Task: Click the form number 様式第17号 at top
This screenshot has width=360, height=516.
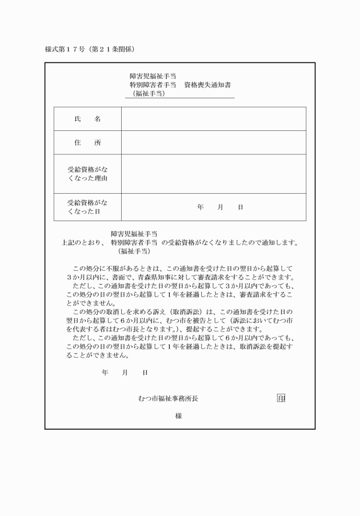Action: [65, 49]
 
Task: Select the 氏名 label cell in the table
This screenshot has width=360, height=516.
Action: [87, 119]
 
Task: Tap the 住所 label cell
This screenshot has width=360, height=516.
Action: [87, 143]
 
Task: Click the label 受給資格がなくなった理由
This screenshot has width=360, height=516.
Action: [87, 174]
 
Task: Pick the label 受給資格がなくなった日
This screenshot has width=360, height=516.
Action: [87, 207]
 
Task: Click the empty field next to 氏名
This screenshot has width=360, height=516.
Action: [213, 119]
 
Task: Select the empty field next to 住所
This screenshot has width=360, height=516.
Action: [213, 143]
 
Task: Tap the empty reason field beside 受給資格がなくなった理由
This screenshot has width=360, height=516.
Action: [213, 174]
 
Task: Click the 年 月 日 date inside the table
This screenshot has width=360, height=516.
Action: [220, 207]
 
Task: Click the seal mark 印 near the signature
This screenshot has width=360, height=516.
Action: [281, 398]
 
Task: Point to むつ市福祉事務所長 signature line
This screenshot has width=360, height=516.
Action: [169, 398]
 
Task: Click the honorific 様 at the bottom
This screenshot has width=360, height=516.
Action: [178, 415]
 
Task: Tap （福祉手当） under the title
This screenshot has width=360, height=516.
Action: [149, 93]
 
